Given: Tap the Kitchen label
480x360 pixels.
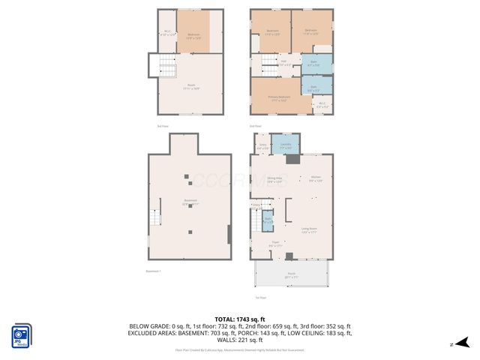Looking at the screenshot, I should pos(316,178).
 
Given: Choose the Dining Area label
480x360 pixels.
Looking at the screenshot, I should pos(274,180).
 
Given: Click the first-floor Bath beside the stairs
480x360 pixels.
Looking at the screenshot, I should pos(267,222).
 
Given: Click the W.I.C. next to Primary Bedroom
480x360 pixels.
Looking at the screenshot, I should pos(322,105).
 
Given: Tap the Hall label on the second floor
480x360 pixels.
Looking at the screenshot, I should pos(284,63).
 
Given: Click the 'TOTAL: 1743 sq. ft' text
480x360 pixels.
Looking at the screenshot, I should pos(240,319).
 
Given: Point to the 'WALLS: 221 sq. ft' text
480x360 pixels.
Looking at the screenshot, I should pos(240,339).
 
